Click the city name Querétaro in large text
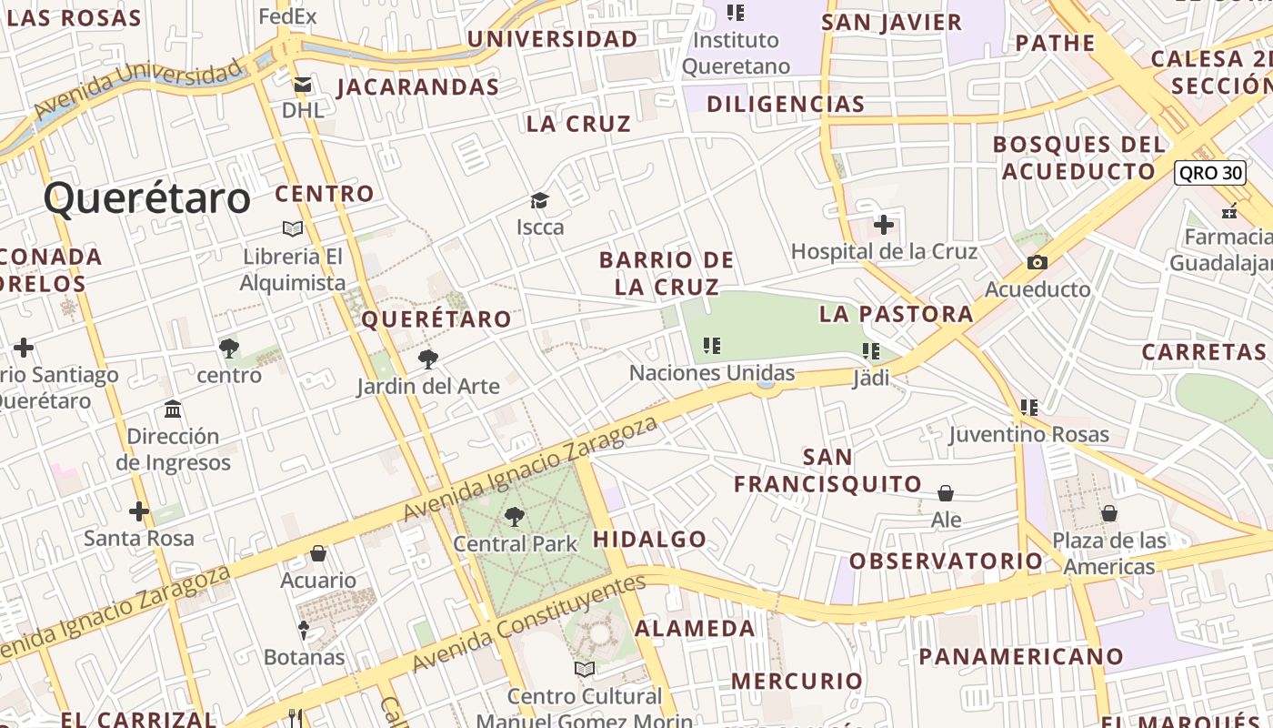coord(146,198)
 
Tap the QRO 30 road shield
coord(1208,173)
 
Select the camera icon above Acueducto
coord(1037,263)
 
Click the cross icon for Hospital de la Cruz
coord(883,224)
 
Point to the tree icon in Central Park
coord(515,517)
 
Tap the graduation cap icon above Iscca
coord(540,200)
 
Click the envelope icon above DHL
coord(302,85)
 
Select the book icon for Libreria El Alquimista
coord(293,228)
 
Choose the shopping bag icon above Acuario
coord(318,553)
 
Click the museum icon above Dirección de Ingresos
coord(173,409)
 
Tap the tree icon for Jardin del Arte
coord(427,359)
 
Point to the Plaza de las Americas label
coord(1108,553)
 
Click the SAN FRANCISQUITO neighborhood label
coord(827,470)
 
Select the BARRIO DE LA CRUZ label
coord(667,273)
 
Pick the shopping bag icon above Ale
coord(946,493)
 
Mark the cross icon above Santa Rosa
coord(138,511)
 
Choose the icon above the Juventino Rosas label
coord(1028,407)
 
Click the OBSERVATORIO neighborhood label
coord(946,561)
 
